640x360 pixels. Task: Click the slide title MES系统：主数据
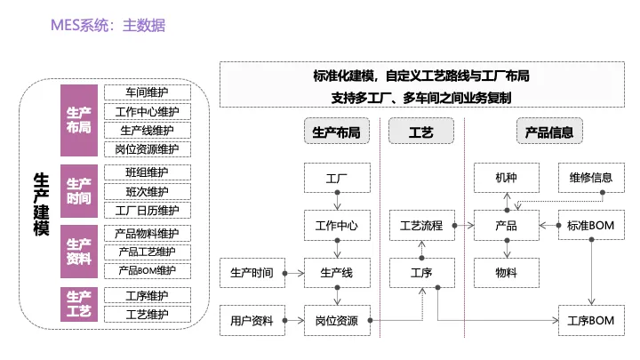[108, 25]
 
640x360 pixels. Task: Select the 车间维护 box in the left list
[148, 92]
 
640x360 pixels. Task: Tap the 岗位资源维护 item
[148, 149]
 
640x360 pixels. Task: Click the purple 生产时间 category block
[79, 191]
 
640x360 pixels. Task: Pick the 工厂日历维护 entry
[148, 211]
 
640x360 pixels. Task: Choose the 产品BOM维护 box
[148, 270]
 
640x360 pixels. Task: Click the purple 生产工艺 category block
[79, 304]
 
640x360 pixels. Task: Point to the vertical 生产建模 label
[41, 204]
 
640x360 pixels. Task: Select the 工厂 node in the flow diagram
[337, 178]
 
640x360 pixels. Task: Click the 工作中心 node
[337, 225]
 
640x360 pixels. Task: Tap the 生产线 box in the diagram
[337, 273]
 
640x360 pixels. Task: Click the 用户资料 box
[252, 320]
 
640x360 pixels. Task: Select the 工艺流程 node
[422, 225]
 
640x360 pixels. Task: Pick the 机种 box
[507, 178]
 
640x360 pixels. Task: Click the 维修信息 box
[591, 178]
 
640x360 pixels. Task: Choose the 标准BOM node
[591, 225]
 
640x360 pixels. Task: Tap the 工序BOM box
[591, 320]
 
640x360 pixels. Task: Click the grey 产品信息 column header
[549, 131]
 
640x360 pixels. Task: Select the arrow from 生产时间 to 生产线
[294, 273]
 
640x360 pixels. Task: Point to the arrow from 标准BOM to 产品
[550, 225]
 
